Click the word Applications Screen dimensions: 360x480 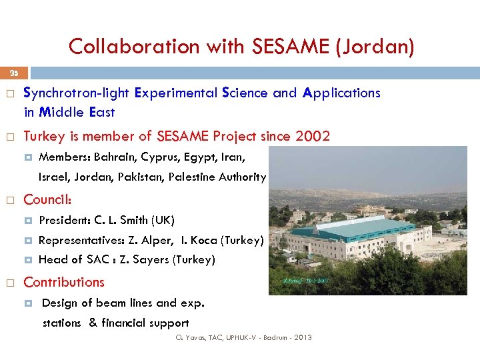coord(341,93)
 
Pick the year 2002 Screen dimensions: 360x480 coord(312,137)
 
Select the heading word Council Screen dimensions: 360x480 coord(47,199)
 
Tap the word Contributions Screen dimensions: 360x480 coord(64,282)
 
